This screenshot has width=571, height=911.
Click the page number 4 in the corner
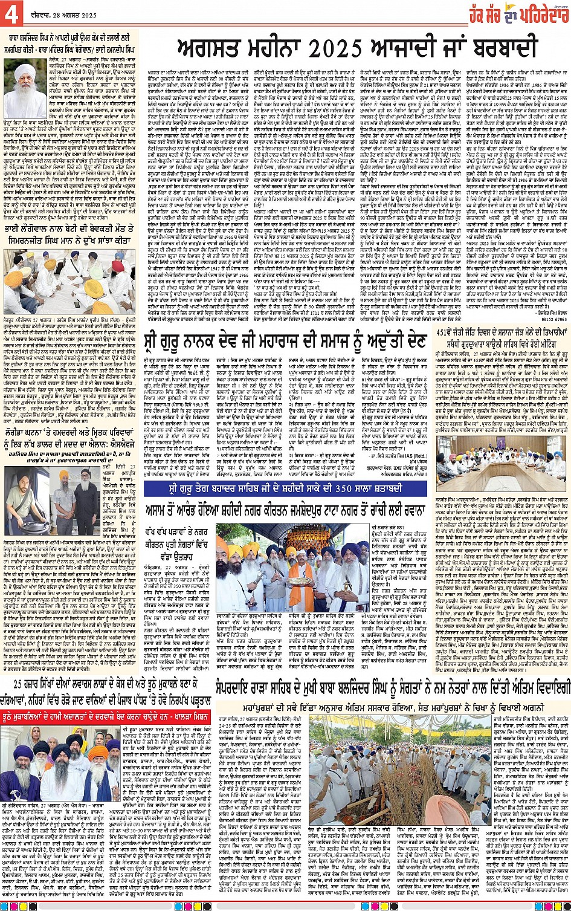tap(11, 14)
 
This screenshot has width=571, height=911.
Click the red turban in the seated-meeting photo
tap(118, 267)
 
